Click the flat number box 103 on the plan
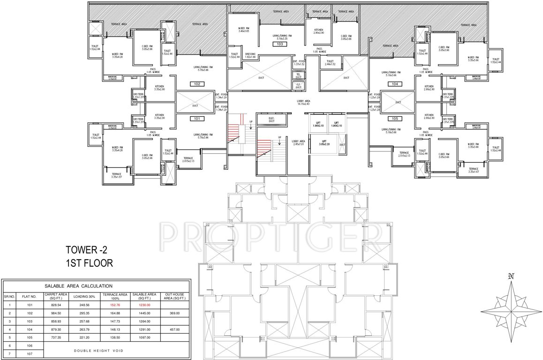click(280, 44)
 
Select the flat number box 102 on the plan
click(197, 84)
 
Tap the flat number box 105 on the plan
click(395, 119)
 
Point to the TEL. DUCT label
click(298, 75)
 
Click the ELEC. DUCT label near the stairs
click(271, 119)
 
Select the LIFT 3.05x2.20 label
click(324, 143)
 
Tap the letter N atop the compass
click(511, 276)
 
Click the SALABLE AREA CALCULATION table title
click(78, 285)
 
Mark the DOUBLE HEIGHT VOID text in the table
click(98, 350)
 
